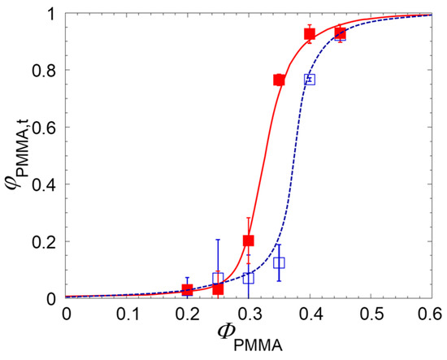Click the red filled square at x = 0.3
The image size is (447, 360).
(x=249, y=241)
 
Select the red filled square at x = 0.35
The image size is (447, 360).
(x=279, y=80)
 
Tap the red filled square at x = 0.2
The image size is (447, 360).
(x=188, y=290)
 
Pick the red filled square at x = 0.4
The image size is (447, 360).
(x=310, y=34)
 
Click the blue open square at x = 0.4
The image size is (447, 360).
(x=310, y=79)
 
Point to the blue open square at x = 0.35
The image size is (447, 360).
(x=280, y=262)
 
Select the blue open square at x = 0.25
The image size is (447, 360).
(x=218, y=279)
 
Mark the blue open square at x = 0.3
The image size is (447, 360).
(x=249, y=278)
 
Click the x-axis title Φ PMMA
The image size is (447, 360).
(x=249, y=339)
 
